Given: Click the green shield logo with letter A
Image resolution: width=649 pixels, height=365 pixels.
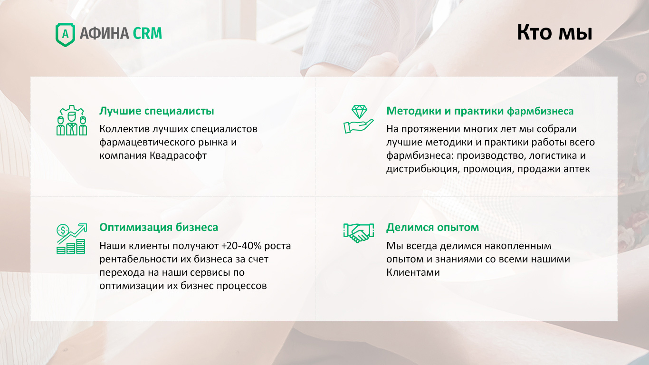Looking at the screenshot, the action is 65,35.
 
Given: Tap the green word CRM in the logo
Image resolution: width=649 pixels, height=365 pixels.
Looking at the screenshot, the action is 147,33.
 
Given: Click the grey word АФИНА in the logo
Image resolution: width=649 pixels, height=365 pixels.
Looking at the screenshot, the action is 105,33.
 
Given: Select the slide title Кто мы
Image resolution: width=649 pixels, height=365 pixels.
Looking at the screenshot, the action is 554,32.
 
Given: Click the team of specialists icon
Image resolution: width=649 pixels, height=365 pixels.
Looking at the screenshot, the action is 72,120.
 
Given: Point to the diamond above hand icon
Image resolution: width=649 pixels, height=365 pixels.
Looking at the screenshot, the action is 358,119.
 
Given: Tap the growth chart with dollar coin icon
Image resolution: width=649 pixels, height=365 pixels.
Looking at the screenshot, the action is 72,238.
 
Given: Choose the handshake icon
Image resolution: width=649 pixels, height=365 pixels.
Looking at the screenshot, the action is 358,232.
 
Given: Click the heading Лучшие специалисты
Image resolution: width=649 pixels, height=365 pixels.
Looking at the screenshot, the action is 156,111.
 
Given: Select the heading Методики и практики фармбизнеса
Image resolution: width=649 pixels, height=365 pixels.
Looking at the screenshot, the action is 480,111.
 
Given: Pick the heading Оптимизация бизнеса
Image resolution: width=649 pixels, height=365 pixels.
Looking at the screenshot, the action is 159,227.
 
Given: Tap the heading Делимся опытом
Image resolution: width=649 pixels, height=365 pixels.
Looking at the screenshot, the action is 432,227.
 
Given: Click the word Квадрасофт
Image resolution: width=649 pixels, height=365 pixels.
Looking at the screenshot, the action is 178,156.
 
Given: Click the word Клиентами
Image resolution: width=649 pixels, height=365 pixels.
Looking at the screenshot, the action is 413,272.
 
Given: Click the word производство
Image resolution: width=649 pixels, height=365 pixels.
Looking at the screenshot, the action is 490,156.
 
